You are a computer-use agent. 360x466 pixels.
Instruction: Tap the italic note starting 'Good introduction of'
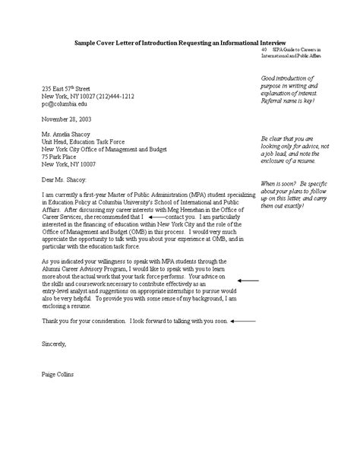tap(298, 90)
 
